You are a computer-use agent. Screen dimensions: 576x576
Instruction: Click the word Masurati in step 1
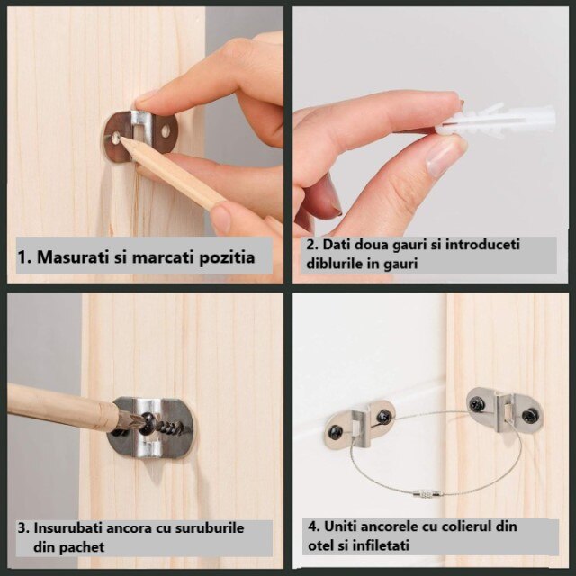(x=72, y=257)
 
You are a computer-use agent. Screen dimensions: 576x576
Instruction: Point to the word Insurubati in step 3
(x=68, y=527)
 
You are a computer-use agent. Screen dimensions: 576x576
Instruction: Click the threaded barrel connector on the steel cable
(x=423, y=493)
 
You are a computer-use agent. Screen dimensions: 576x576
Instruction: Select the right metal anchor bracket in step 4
(x=504, y=409)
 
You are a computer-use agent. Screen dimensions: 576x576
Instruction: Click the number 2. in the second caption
(x=310, y=245)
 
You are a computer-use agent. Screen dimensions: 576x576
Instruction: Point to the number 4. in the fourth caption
(x=310, y=526)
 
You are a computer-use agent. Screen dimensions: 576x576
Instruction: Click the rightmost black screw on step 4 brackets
(x=530, y=415)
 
